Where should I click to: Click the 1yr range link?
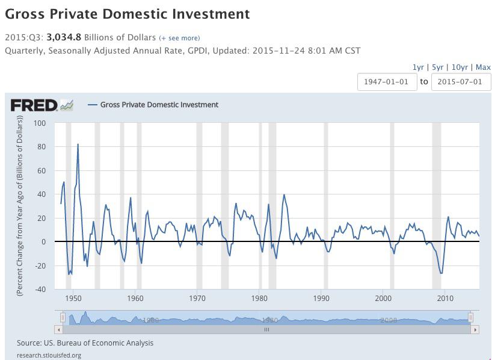418,67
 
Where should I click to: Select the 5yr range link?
437,67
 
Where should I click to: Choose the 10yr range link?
459,67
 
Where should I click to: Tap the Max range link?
483,67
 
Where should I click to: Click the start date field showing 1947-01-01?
387,82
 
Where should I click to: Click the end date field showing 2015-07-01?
461,82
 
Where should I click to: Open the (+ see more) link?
179,38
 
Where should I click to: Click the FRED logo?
42,105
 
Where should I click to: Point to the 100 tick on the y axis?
40,123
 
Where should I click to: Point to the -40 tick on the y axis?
39,289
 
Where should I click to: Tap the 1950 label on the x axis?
73,299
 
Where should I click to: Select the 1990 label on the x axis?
321,299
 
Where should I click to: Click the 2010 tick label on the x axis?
445,299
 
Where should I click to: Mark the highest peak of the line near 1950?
78,144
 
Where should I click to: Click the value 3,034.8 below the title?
64,37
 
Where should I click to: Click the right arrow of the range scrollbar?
475,329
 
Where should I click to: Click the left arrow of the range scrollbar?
58,329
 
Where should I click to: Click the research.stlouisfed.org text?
49,355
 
